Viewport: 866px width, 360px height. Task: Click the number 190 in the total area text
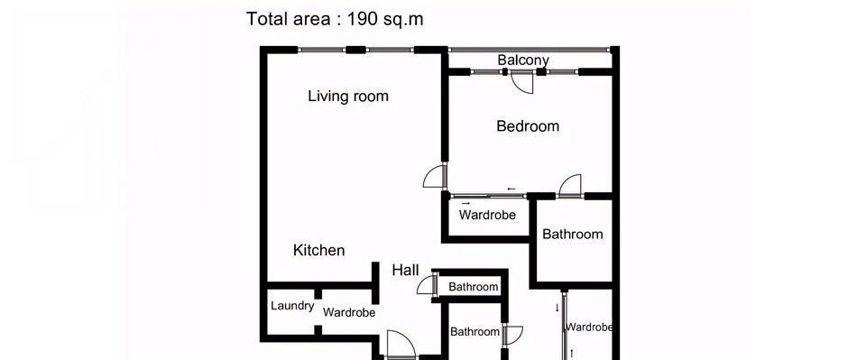pos(363,19)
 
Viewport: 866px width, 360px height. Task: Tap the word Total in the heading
pos(264,19)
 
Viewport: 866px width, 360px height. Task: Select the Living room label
pos(348,96)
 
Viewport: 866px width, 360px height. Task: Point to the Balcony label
pos(523,60)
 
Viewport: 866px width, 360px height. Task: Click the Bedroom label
pos(528,126)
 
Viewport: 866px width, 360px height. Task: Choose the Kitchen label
pos(318,250)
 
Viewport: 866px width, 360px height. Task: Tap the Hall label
pos(405,270)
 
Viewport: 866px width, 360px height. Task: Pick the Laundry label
pos(292,306)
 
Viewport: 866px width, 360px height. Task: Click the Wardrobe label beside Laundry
pos(349,312)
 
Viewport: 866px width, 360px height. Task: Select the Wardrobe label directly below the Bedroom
pos(487,215)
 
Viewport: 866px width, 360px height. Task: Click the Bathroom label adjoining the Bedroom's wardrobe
pos(572,234)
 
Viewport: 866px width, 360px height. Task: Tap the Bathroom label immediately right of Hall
pos(473,287)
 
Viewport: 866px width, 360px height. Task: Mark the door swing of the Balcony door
pos(522,84)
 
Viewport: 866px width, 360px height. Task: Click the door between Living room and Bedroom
pos(434,176)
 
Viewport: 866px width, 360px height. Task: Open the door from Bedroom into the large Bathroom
pos(570,186)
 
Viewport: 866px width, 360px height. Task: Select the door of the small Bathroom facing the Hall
pos(427,285)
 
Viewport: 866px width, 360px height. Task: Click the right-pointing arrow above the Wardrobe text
pos(465,204)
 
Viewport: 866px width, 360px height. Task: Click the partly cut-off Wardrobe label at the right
pos(589,327)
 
